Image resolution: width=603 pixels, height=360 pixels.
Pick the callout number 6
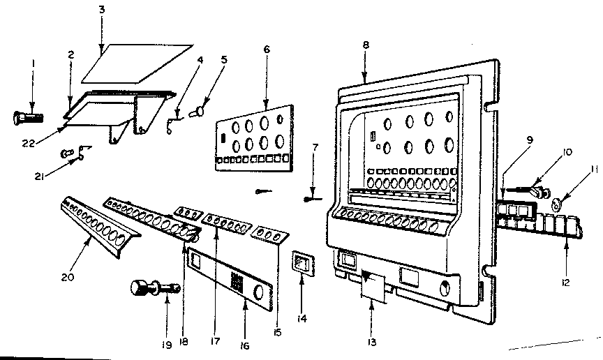pyautogui.click(x=267, y=50)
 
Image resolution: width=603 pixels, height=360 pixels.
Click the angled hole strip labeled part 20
pyautogui.click(x=98, y=223)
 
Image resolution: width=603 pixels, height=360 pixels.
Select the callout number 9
pyautogui.click(x=530, y=139)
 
